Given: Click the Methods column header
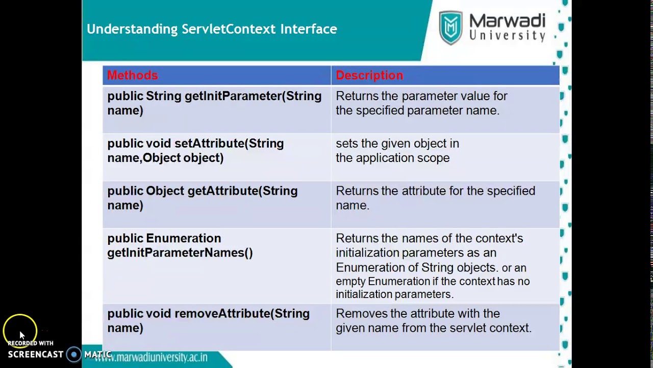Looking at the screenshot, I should pyautogui.click(x=133, y=76).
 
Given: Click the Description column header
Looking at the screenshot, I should pyautogui.click(x=369, y=76).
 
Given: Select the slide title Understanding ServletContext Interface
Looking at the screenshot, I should pyautogui.click(x=212, y=29).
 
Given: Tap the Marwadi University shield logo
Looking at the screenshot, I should pyautogui.click(x=450, y=28).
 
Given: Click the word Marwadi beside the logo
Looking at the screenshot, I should pyautogui.click(x=507, y=21).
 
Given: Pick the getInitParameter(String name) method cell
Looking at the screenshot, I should pyautogui.click(x=214, y=103).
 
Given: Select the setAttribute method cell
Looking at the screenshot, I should pyautogui.click(x=195, y=151).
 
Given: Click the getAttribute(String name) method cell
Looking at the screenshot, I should pyautogui.click(x=202, y=198).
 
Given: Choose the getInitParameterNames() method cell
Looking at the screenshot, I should pyautogui.click(x=180, y=245).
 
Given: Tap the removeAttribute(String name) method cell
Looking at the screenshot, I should pyautogui.click(x=208, y=320).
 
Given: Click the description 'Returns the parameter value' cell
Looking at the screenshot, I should pyautogui.click(x=421, y=103).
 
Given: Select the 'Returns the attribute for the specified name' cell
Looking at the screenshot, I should pyautogui.click(x=435, y=198).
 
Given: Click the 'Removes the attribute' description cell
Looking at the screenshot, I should pyautogui.click(x=434, y=320).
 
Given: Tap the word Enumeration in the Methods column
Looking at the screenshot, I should pyautogui.click(x=183, y=239).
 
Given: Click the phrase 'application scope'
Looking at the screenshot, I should pyautogui.click(x=403, y=158).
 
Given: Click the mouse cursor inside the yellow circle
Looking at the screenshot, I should pyautogui.click(x=21, y=335).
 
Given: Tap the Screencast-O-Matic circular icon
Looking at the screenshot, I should pyautogui.click(x=74, y=355).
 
